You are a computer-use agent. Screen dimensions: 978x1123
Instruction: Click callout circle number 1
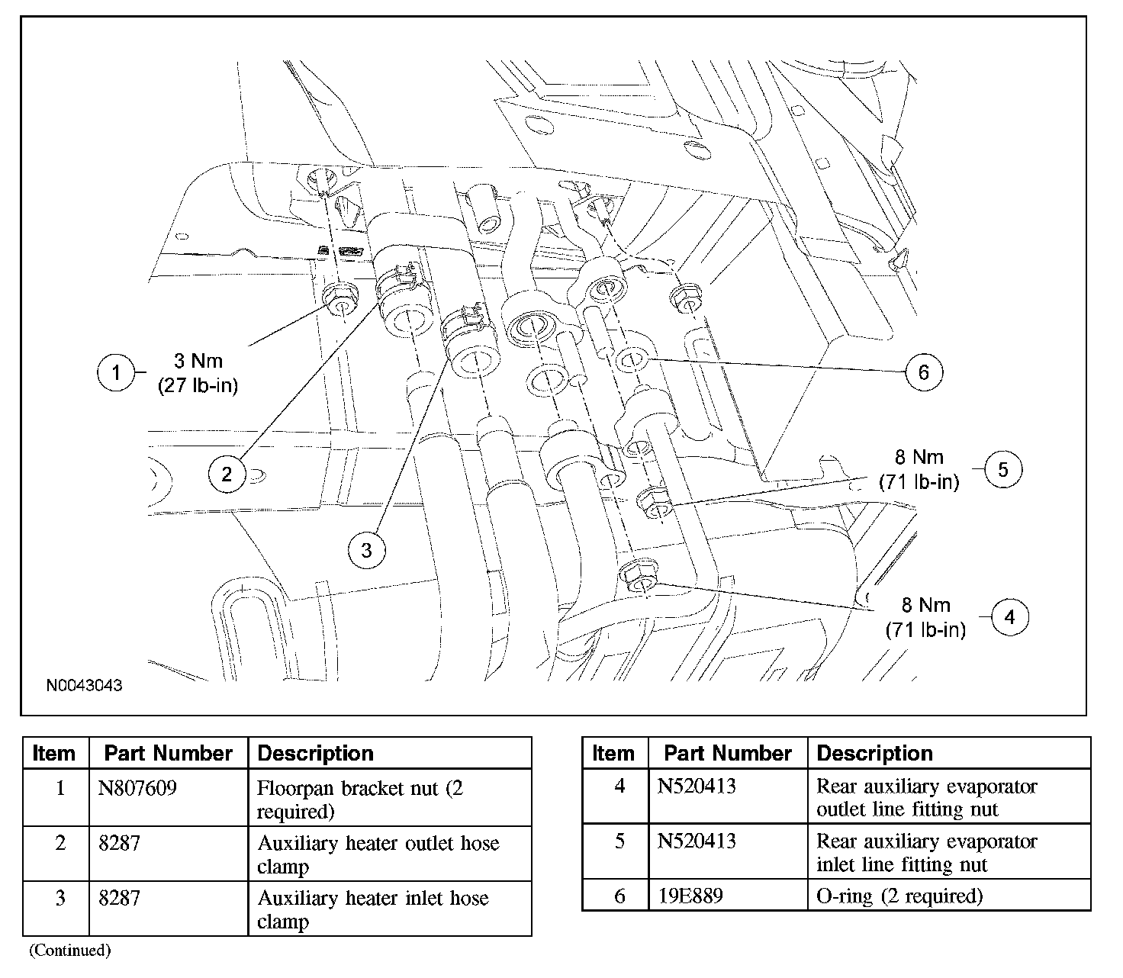(116, 372)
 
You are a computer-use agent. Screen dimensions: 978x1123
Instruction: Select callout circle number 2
(227, 474)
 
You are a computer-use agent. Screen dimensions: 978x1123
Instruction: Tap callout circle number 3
(366, 549)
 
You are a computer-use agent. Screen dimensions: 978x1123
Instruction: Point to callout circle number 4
(1009, 617)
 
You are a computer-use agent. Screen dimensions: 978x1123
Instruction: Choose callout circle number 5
(1002, 470)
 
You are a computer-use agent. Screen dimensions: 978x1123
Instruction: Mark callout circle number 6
(924, 372)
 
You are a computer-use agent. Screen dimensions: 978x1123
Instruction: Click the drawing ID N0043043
(84, 685)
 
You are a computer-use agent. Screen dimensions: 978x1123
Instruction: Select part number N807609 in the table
(138, 787)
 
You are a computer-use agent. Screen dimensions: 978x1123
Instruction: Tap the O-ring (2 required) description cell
(899, 896)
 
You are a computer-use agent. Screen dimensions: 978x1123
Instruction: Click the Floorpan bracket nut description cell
(359, 799)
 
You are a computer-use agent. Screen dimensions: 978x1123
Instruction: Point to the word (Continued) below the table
(69, 951)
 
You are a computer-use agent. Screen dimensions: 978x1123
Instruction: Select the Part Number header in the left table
(168, 754)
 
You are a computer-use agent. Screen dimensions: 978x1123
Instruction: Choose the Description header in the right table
(874, 754)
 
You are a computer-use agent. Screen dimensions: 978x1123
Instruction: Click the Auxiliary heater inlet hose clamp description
(372, 909)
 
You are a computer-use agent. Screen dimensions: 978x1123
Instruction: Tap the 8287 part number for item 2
(120, 843)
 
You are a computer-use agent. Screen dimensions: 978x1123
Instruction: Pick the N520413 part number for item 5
(697, 841)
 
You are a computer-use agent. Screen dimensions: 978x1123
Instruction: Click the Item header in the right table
(613, 754)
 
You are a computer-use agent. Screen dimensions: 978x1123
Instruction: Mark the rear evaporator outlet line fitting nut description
(926, 797)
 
